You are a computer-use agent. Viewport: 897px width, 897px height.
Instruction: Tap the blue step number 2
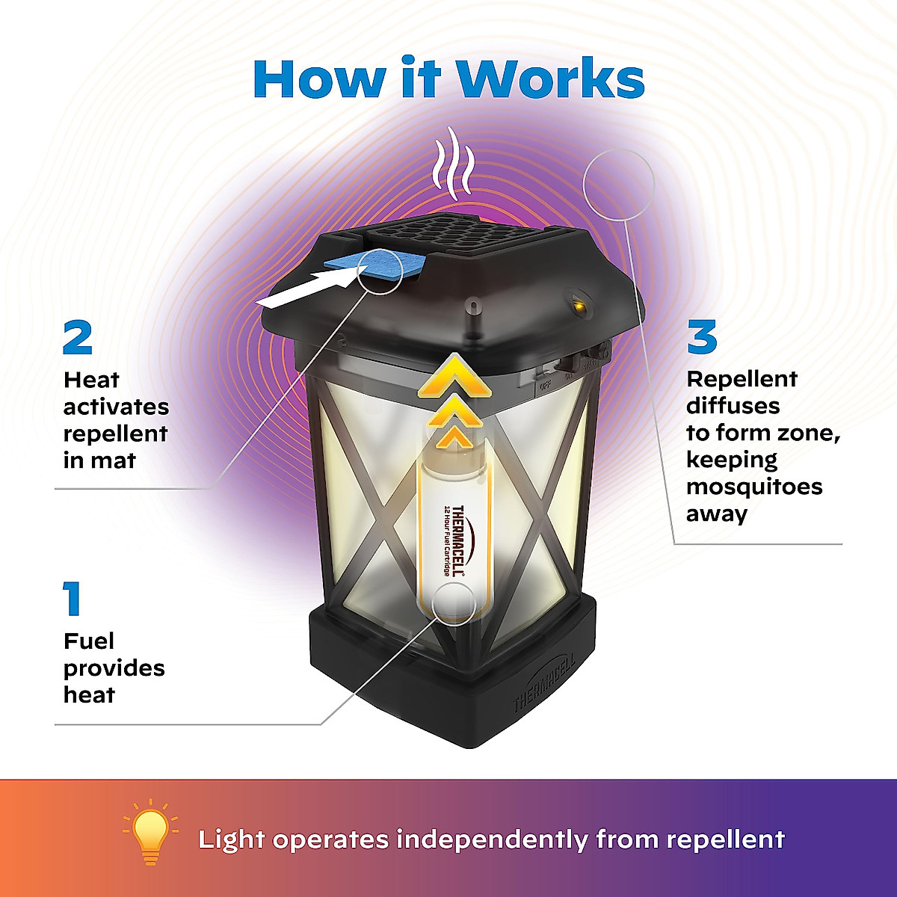pyautogui.click(x=78, y=338)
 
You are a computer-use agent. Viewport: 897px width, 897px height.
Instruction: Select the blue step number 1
pyautogui.click(x=73, y=599)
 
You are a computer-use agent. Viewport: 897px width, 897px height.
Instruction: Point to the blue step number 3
pyautogui.click(x=701, y=338)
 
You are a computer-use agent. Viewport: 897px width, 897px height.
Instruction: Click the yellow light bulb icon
pyautogui.click(x=150, y=832)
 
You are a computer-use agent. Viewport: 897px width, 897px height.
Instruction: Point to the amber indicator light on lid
pyautogui.click(x=578, y=304)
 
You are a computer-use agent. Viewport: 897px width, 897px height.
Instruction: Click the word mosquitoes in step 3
pyautogui.click(x=753, y=487)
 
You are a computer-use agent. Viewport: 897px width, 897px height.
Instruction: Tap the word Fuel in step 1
pyautogui.click(x=89, y=641)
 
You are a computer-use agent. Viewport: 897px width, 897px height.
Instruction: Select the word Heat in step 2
pyautogui.click(x=91, y=380)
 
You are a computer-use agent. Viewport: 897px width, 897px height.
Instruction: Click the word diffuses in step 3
pyautogui.click(x=722, y=406)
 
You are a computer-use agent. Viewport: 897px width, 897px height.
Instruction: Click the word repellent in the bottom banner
pyautogui.click(x=725, y=839)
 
